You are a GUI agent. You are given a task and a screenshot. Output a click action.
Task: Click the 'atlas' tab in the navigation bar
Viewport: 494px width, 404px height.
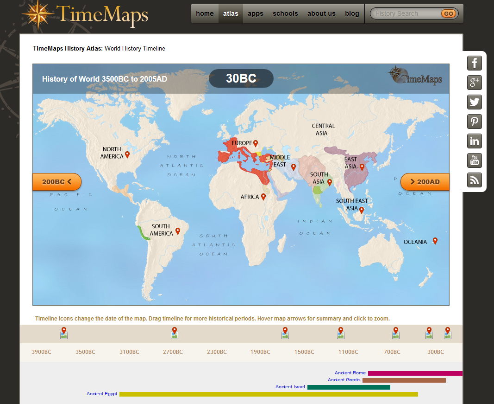(231, 13)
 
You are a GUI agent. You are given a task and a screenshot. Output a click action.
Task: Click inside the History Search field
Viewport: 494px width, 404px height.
(405, 13)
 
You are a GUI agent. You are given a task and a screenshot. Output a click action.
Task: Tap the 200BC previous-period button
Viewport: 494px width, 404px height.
(56, 182)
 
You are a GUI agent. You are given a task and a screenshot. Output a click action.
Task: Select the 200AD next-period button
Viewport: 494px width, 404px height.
(425, 182)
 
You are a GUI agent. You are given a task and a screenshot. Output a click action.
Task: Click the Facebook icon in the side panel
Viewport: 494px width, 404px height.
(475, 63)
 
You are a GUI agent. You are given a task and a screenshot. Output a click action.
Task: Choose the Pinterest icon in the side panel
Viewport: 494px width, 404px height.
(475, 122)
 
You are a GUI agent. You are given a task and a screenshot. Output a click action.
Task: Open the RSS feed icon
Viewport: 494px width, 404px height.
(475, 180)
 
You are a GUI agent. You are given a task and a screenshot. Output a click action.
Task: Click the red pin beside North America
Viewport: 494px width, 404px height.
(127, 154)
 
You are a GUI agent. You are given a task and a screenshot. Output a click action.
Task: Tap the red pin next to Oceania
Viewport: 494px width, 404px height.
(435, 240)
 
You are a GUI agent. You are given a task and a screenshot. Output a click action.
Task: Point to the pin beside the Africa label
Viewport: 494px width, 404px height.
(263, 196)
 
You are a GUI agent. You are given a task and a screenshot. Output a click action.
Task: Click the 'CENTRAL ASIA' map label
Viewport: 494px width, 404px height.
(323, 129)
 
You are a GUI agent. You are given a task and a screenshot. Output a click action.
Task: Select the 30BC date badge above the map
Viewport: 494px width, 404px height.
(241, 78)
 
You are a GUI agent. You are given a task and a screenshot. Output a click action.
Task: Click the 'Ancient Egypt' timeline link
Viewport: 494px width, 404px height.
(102, 394)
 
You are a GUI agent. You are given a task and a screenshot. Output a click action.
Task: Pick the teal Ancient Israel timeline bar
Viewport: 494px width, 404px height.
(349, 387)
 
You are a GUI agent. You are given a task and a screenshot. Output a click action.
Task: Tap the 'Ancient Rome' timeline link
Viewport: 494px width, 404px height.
(350, 373)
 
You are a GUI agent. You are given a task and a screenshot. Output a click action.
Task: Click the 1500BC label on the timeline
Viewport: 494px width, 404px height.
(304, 352)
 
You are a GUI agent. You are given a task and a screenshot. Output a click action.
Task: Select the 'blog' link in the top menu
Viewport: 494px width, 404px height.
(352, 13)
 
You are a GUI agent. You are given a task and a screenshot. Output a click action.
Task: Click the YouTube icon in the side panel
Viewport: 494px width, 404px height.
(475, 160)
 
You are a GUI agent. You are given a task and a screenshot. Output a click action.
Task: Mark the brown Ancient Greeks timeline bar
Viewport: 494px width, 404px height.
(404, 380)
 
